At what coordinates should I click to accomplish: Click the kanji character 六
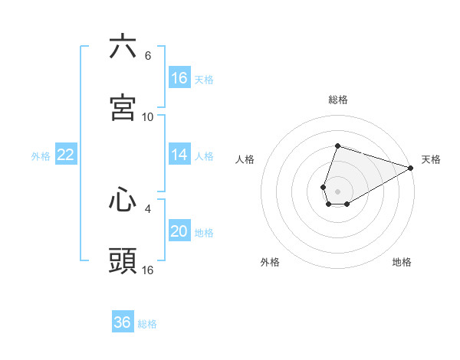pos(123,47)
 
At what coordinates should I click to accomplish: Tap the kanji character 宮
pos(123,108)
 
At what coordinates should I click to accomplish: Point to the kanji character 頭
pos(123,261)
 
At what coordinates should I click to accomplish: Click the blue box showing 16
pos(179,78)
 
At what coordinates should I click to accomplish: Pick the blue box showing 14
pos(179,155)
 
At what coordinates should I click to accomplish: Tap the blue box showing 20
pos(179,231)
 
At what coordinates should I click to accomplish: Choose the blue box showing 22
pos(66,155)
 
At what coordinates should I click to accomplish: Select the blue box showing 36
pos(123,322)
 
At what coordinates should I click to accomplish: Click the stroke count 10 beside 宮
pos(148,117)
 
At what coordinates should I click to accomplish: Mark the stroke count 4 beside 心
pos(148,207)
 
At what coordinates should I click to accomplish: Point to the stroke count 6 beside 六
pos(148,56)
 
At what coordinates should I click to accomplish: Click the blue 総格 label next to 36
pos(148,324)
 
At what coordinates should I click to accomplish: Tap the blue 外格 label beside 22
pos(41,156)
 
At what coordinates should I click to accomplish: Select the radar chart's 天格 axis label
pos(431,159)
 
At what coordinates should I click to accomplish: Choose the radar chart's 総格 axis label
pos(338,100)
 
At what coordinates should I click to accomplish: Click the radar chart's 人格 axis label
pos(245,159)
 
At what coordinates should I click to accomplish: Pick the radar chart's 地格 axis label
pos(402,262)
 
